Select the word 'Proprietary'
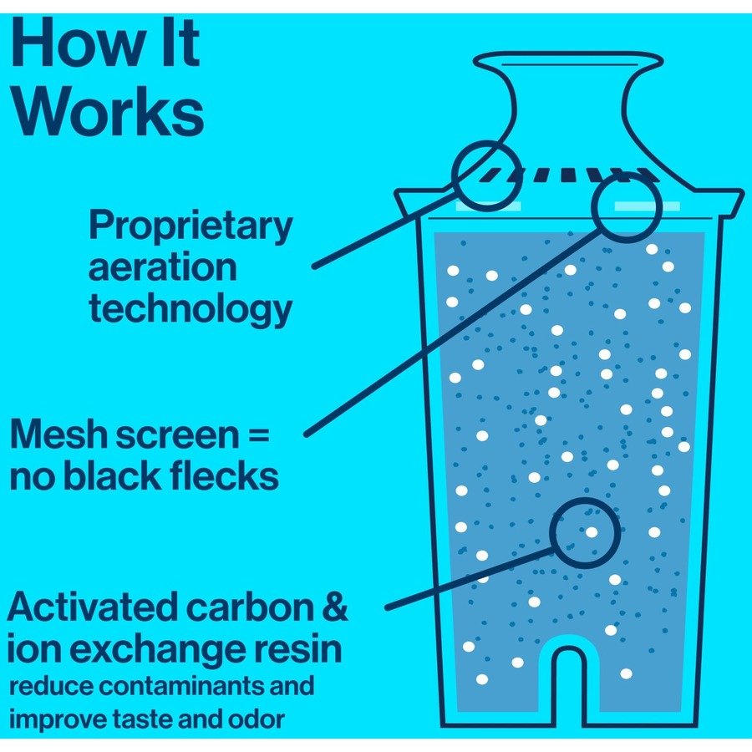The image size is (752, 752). [191, 226]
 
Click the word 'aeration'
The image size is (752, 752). [163, 268]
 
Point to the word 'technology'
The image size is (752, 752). [191, 309]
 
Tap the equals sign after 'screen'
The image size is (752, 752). [259, 436]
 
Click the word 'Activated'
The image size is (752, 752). [92, 607]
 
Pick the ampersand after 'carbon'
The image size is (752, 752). [333, 607]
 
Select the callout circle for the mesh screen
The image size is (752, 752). [627, 205]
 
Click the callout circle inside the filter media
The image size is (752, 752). [585, 533]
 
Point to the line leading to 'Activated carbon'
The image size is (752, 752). [468, 578]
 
